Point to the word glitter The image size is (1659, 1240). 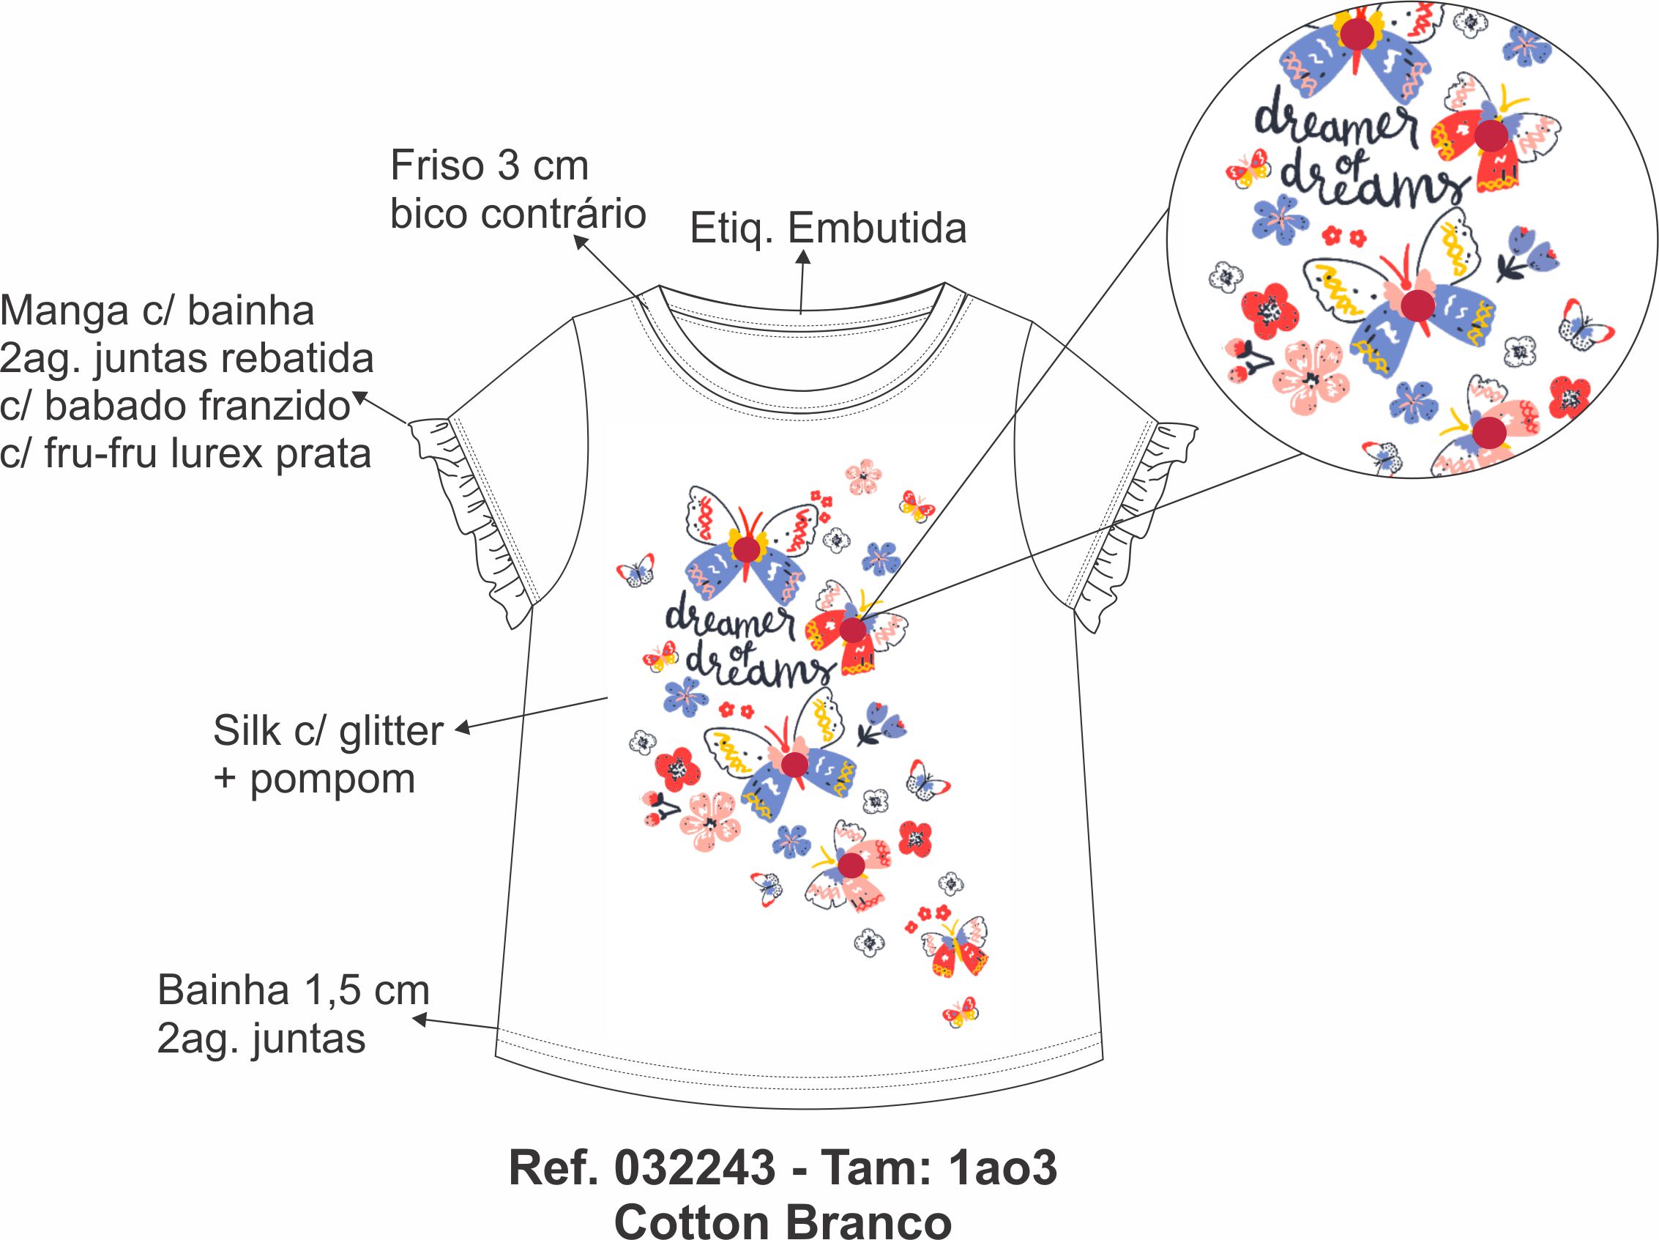[391, 732]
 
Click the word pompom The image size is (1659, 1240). [332, 780]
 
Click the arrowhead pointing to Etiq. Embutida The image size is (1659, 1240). [803, 257]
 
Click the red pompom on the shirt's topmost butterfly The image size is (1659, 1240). [746, 549]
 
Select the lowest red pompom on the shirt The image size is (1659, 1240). [851, 865]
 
